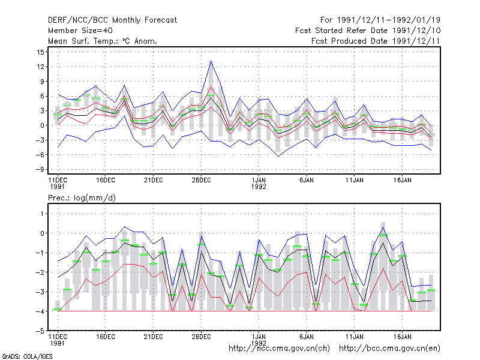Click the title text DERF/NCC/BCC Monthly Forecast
(112, 20)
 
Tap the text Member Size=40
(80, 31)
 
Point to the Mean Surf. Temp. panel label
(103, 41)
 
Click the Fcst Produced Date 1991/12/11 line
(376, 41)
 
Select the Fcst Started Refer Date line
(368, 31)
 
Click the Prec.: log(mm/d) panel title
(82, 198)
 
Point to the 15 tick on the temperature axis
(40, 52)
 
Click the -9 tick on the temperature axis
(40, 170)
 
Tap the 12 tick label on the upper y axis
(40, 67)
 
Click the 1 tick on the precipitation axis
(42, 214)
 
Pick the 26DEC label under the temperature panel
(201, 181)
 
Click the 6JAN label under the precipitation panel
(307, 337)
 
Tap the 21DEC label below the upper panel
(154, 181)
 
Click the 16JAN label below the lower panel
(402, 337)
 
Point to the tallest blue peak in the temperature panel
(211, 61)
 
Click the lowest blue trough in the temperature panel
(278, 157)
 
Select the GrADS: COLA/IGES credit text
(27, 356)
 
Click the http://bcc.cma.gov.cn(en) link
(389, 349)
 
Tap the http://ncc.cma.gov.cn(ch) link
(279, 349)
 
